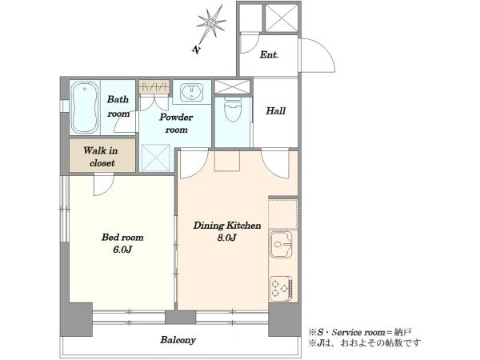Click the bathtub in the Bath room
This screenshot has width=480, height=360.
(85, 107)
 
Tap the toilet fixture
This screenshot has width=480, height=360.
(233, 110)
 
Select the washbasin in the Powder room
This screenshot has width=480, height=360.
(192, 91)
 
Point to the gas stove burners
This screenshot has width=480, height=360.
(281, 288)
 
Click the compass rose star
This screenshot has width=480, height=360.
(211, 22)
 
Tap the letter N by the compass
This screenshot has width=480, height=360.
(196, 50)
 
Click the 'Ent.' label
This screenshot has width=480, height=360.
(269, 54)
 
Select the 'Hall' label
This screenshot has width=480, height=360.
(275, 111)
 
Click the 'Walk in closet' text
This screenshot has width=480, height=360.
(101, 157)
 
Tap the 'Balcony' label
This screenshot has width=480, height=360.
(178, 340)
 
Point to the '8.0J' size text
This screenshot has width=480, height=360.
(226, 238)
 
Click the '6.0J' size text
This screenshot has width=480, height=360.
(122, 250)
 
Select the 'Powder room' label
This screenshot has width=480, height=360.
(176, 123)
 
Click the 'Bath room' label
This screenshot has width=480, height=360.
(118, 106)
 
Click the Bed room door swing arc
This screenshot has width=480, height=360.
(108, 189)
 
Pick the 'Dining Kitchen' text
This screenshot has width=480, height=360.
(227, 226)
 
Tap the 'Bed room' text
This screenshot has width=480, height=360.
(122, 238)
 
